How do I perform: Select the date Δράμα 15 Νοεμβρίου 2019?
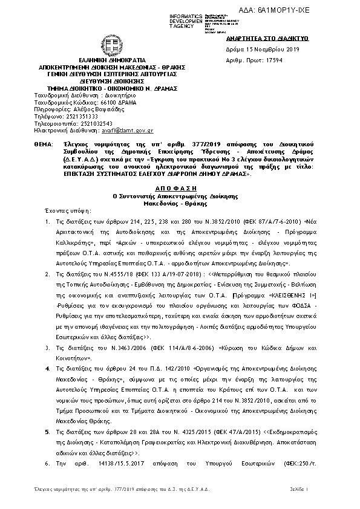[248, 48]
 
